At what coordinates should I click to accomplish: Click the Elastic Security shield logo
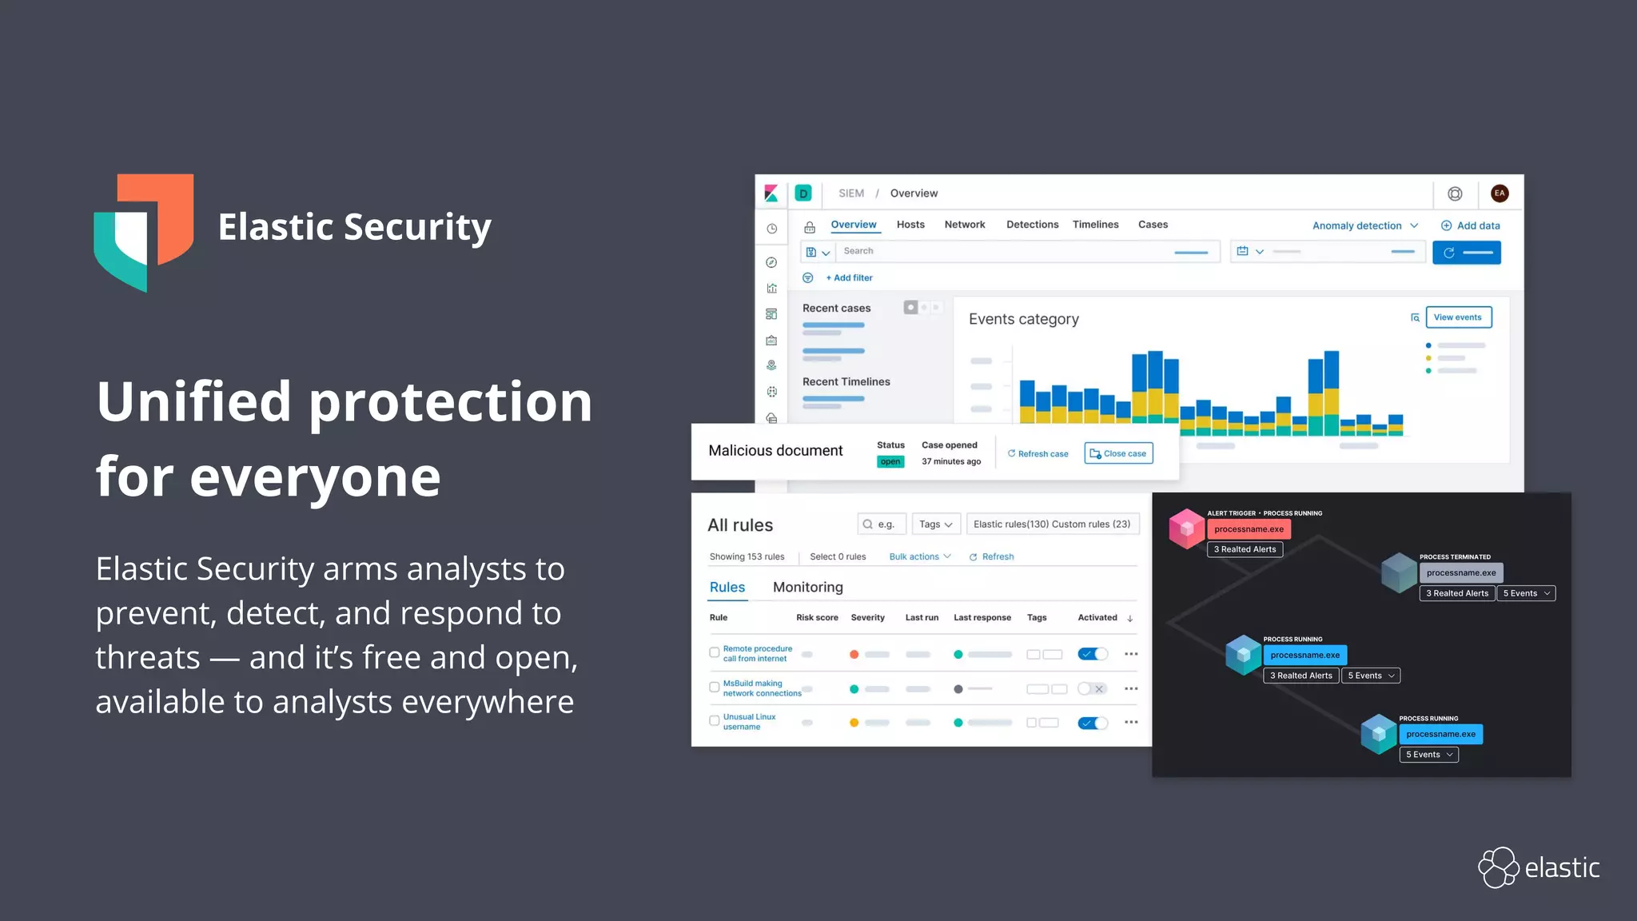coord(144,232)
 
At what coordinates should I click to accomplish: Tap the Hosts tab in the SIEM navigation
coord(910,225)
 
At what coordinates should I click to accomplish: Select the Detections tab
coord(1032,225)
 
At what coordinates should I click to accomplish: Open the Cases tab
coord(1153,225)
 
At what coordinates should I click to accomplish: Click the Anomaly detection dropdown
coord(1364,225)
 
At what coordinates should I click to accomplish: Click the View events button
coord(1458,317)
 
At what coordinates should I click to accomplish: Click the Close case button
coord(1118,453)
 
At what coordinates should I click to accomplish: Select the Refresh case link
coord(1038,453)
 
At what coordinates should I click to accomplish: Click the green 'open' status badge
coord(890,461)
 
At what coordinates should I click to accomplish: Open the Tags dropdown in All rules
coord(935,524)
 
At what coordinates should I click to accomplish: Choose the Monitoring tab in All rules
coord(807,587)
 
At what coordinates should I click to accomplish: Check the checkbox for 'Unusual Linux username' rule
coord(715,721)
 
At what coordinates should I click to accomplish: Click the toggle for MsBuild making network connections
coord(1092,688)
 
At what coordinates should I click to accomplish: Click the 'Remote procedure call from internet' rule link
coord(757,653)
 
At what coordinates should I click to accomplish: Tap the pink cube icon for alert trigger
coord(1186,528)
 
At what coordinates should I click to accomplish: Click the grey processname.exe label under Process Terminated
coord(1460,572)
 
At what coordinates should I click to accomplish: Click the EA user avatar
coord(1500,193)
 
